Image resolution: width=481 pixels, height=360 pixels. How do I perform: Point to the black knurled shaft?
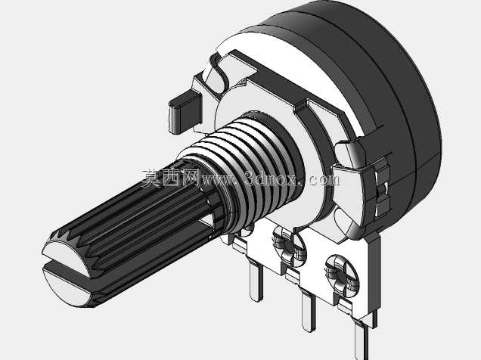click(135, 221)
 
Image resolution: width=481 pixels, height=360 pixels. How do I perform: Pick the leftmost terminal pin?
click(256, 281)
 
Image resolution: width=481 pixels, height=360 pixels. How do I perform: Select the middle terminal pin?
click(308, 312)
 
